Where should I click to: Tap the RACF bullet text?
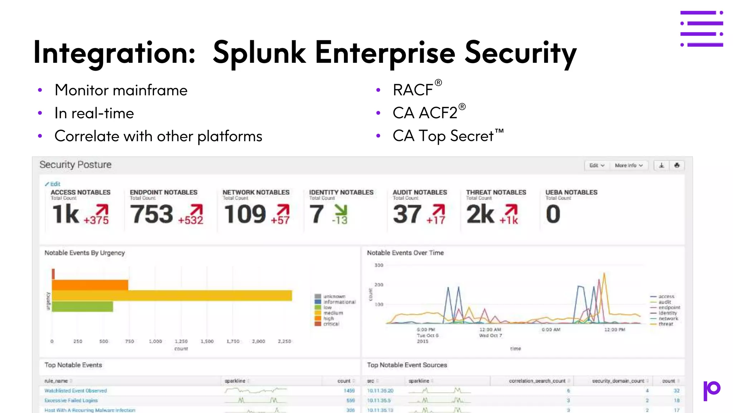413,90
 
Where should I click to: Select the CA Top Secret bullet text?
443,136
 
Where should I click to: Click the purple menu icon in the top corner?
702,29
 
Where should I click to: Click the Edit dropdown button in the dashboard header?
597,165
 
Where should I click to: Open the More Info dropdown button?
628,165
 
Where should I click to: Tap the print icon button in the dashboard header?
677,165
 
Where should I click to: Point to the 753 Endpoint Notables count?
151,214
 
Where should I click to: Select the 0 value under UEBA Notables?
553,214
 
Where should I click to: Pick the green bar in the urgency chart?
82,307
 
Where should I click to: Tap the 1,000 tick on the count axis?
155,341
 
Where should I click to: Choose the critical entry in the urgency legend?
331,324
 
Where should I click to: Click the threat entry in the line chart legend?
665,324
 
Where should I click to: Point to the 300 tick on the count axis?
379,265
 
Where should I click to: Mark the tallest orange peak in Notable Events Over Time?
604,274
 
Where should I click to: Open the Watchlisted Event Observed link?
76,391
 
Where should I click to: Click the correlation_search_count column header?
537,381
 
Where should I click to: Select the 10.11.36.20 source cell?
380,391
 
